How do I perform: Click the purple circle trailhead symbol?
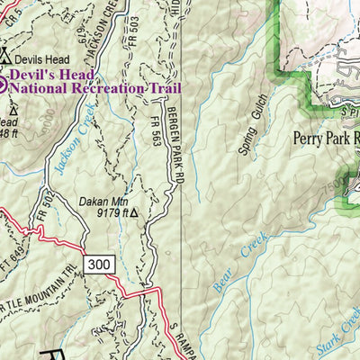tap(3, 85)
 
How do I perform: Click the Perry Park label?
tap(324, 139)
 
